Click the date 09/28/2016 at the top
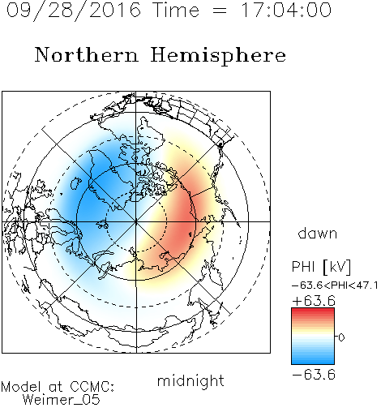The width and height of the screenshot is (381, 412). [74, 10]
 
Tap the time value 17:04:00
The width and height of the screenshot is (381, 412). [286, 10]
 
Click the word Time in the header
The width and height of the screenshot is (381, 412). [176, 10]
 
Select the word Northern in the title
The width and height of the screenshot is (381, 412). [87, 55]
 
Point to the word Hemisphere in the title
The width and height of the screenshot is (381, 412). [218, 56]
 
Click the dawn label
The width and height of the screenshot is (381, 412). [318, 233]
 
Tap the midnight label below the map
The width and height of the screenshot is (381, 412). [190, 380]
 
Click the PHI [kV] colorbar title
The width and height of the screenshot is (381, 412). [321, 267]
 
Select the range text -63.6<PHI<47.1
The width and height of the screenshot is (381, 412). [335, 285]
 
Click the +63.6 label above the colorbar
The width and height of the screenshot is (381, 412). [314, 301]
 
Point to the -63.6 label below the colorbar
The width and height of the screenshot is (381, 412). [314, 375]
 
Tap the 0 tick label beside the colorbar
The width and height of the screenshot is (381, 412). [341, 337]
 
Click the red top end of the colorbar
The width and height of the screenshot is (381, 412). [313, 310]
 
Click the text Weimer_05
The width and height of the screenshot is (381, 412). [61, 400]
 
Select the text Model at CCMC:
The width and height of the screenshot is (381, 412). [58, 387]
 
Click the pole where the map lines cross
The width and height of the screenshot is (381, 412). [136, 221]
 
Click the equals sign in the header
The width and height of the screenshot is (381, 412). [220, 11]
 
